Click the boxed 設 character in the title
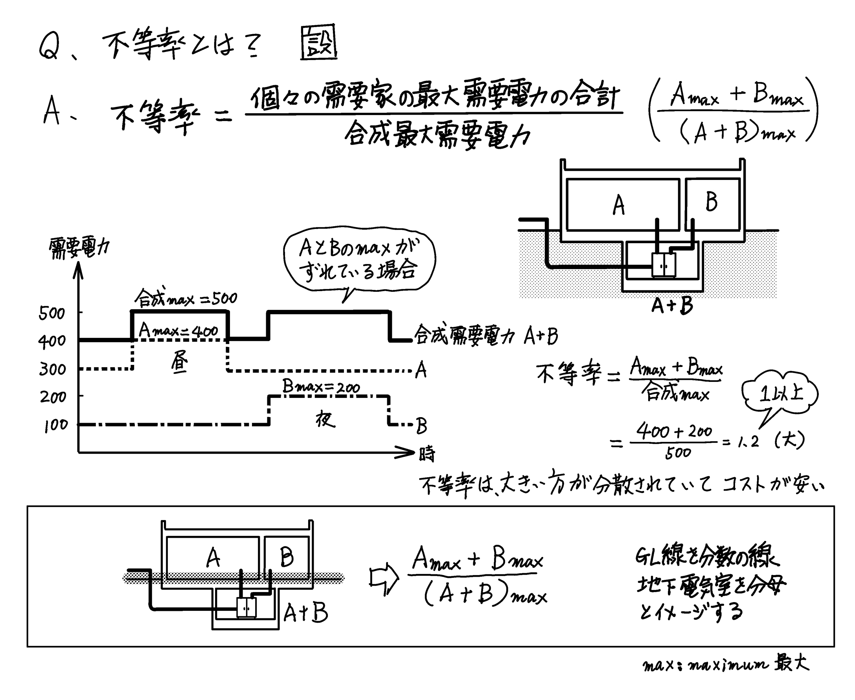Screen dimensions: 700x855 point(318,43)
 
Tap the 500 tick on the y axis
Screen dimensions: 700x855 point(51,313)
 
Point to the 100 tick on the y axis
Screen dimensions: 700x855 point(56,425)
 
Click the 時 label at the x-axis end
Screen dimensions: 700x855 point(427,454)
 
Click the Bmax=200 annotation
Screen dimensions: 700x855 point(321,387)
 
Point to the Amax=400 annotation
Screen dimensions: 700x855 point(178,331)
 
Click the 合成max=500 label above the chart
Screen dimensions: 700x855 point(186,299)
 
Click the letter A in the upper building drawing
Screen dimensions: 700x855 point(619,205)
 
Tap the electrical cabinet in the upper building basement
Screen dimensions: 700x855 point(664,264)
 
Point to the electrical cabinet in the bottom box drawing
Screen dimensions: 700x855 point(246,607)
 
